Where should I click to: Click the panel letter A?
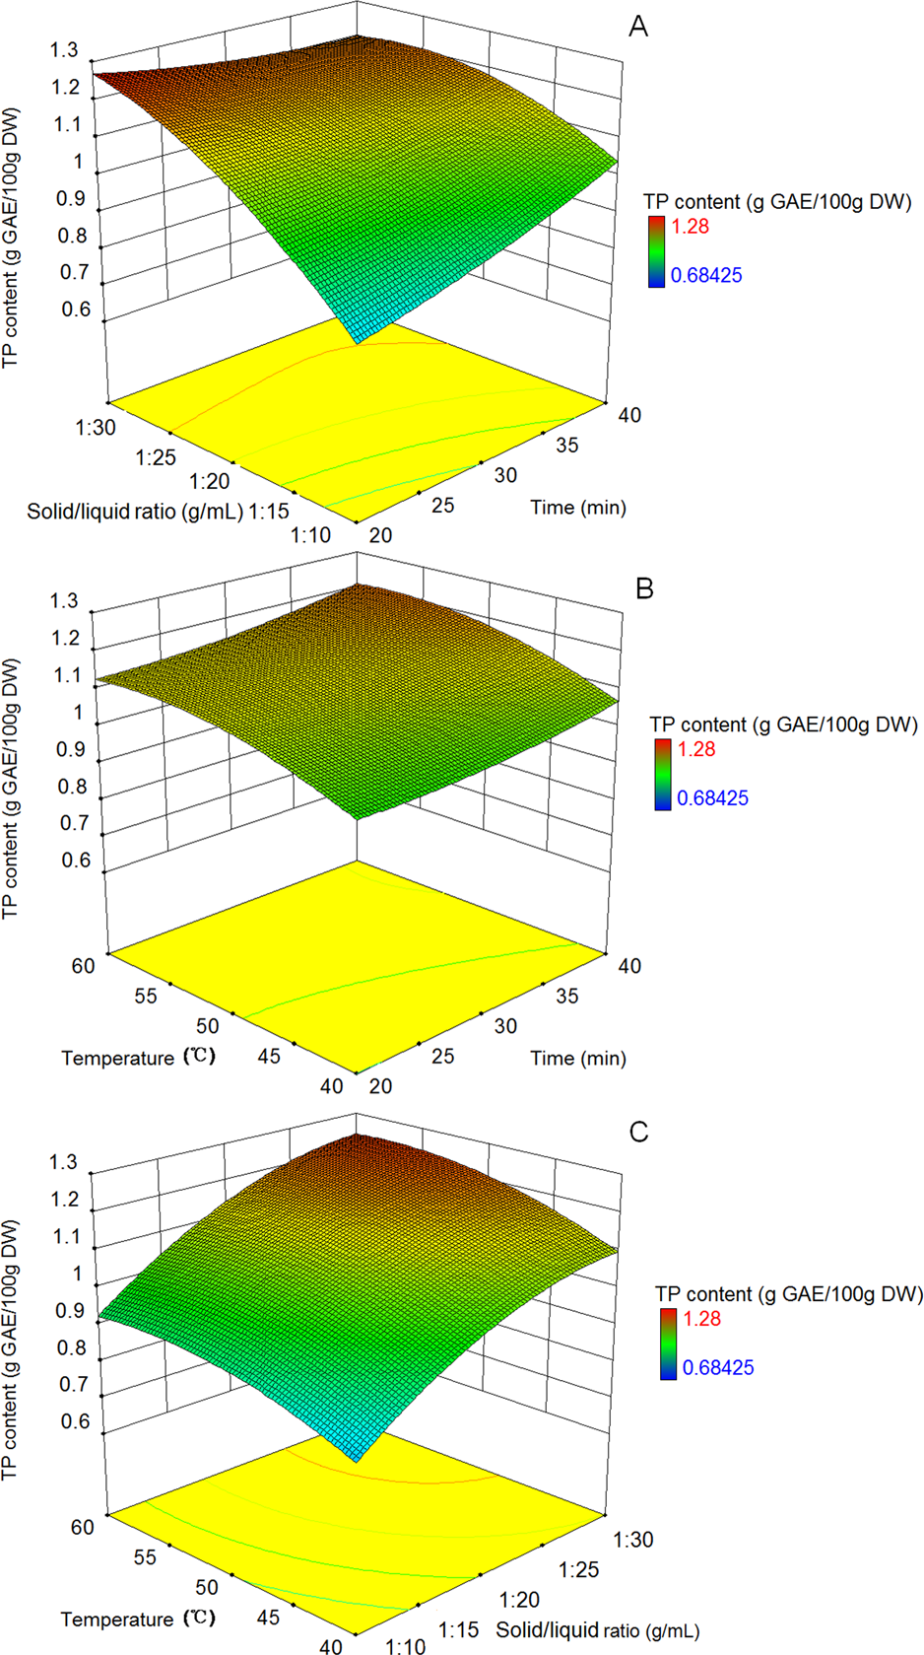coord(638,27)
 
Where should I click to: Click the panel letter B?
coord(645,588)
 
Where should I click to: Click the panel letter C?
coord(639,1131)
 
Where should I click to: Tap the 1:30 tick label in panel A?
coord(95,427)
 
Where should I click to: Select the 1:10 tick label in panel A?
coord(311,534)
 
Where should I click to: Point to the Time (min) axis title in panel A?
coord(578,507)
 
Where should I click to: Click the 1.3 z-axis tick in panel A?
coord(64,50)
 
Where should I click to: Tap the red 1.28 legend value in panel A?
coord(690,226)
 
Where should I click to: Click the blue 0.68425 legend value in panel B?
coord(712,797)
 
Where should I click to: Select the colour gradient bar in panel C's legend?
coord(668,1344)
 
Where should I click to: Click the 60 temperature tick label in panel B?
coord(83,966)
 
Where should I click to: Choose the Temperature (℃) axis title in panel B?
coord(138,1057)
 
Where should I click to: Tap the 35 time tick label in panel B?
coord(566,996)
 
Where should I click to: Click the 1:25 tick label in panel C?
coord(577,1569)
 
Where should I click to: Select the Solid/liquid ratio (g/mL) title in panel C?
coord(597,1630)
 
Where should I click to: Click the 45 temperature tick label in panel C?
coord(268,1617)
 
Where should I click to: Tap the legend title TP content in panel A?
coord(777,201)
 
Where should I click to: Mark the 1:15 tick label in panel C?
coord(458,1629)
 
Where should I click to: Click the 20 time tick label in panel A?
coord(380,534)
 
